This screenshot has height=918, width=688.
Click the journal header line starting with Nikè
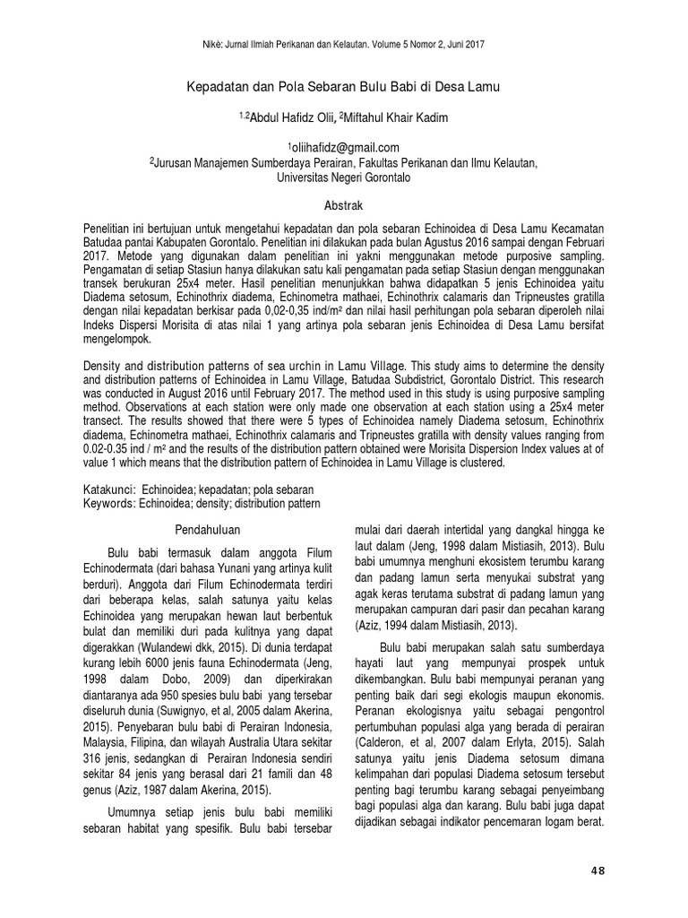click(343, 43)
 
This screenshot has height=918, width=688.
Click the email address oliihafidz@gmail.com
click(343, 147)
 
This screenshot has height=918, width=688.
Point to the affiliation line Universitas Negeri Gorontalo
click(343, 178)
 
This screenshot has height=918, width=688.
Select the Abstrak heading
click(343, 205)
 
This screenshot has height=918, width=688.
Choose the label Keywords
click(107, 504)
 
